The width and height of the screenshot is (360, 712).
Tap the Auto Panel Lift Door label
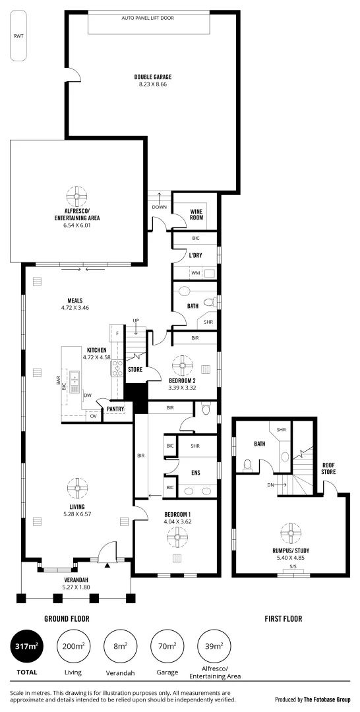[148, 18]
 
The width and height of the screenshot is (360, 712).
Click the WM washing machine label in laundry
[195, 272]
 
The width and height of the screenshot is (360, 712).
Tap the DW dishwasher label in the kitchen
[88, 396]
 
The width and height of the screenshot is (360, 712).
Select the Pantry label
[115, 409]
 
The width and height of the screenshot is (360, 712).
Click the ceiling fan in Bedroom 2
[180, 367]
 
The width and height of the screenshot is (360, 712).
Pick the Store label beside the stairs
[135, 370]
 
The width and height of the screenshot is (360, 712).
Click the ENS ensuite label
[195, 472]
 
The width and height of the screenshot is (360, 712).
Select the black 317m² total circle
[26, 647]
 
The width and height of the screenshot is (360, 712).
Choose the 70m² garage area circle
[167, 647]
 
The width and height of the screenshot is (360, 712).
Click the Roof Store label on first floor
[328, 468]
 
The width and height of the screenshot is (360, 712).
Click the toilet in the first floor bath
[248, 466]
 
